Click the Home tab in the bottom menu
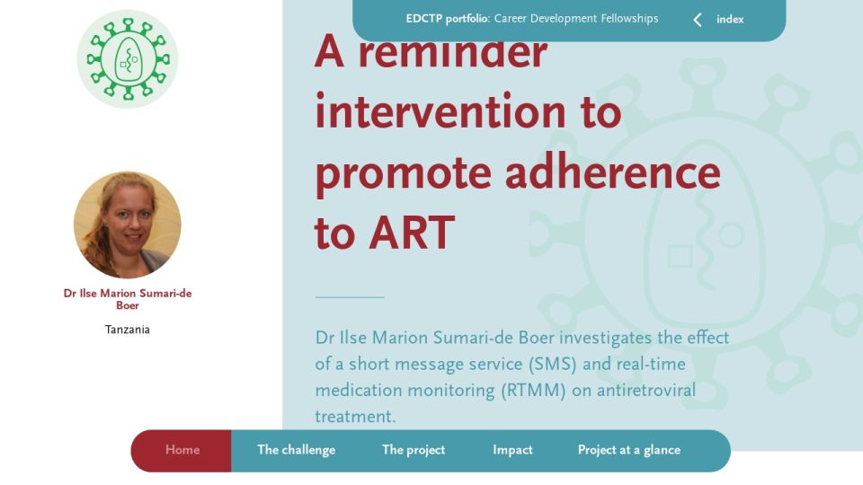pos(182,450)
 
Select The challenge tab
pos(296,450)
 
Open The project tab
pos(414,450)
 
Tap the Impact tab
pos(512,450)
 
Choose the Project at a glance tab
pos(629,450)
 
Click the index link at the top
pos(730,19)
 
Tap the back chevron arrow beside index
pos(698,20)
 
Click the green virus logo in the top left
pos(128,59)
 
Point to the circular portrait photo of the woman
pos(128,225)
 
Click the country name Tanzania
pos(127,330)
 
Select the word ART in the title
pos(412,233)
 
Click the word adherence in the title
pos(612,172)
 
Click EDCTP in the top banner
pos(423,19)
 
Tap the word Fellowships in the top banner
pos(629,19)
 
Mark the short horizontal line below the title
pos(350,297)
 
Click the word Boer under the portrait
pos(127,305)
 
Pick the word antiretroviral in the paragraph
pos(646,391)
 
